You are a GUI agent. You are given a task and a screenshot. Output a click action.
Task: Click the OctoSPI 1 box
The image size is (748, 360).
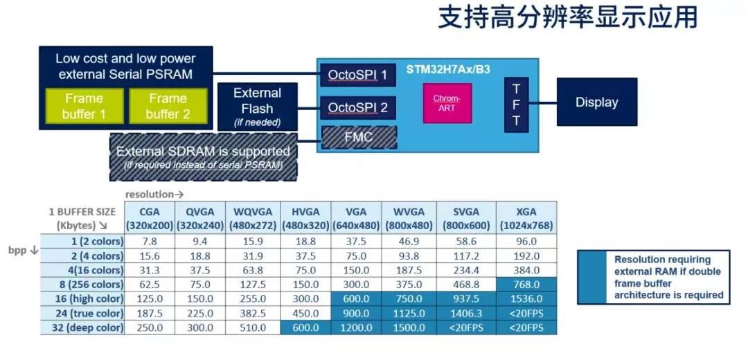point(358,75)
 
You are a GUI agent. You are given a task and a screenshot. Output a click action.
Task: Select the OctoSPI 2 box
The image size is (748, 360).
point(358,108)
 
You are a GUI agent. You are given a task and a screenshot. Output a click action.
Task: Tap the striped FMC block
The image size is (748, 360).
point(359,137)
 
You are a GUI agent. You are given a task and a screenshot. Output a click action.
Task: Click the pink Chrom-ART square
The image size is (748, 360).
point(447,103)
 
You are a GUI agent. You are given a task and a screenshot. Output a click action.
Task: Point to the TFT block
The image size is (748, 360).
point(517,105)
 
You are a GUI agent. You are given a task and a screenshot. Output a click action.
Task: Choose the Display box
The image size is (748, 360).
point(597,102)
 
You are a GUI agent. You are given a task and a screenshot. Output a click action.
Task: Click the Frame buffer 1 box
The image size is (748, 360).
point(84,106)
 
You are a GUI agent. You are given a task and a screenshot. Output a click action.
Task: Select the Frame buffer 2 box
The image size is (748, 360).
point(168,106)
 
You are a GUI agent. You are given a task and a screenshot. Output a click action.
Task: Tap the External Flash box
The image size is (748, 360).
point(258,107)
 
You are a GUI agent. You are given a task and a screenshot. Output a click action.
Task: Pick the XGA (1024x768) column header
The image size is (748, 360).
point(526,218)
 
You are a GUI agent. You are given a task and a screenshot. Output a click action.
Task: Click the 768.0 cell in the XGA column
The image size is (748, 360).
point(526,285)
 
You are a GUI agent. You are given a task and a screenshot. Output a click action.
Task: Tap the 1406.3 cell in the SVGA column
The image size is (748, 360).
point(466,314)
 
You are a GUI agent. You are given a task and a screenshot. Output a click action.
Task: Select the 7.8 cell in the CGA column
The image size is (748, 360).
point(149,242)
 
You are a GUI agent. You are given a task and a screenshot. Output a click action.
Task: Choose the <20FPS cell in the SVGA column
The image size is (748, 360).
point(466,327)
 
